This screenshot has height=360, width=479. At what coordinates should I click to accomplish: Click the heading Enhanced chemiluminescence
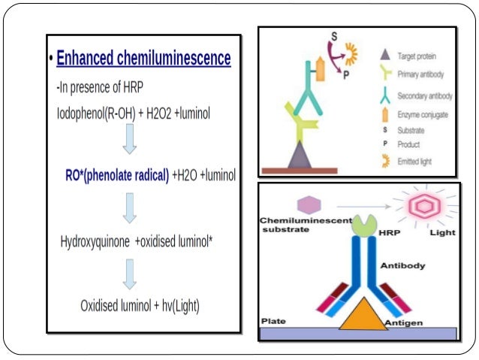[x=143, y=59]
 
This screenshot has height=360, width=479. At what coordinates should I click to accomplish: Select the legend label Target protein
[x=417, y=56]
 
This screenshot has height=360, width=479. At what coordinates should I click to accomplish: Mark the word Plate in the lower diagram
[x=272, y=321]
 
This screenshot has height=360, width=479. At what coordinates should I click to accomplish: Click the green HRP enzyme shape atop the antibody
[x=365, y=225]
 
